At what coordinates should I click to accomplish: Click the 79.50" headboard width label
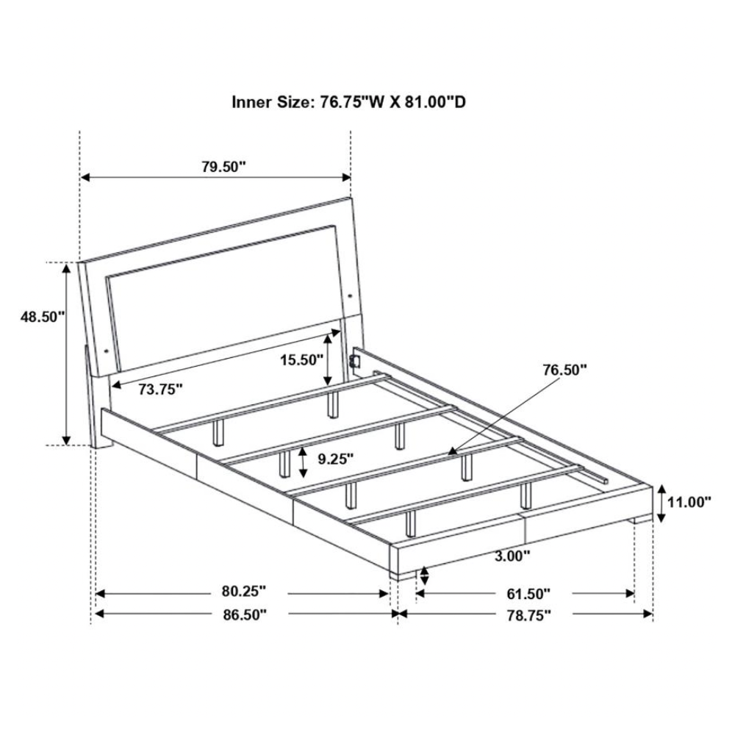[x=224, y=166]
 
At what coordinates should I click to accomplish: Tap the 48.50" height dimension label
[x=42, y=317]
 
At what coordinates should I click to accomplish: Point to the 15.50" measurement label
[x=302, y=360]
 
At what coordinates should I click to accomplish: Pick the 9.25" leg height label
[x=336, y=459]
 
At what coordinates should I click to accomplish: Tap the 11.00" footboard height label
[x=689, y=503]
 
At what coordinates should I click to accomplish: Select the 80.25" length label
[x=244, y=592]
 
